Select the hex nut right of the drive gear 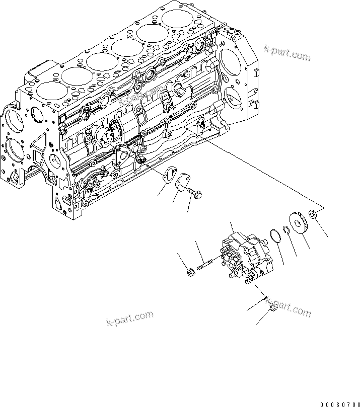[x=313, y=215]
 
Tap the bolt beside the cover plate [x=194, y=192]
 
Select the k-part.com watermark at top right [x=287, y=52]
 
